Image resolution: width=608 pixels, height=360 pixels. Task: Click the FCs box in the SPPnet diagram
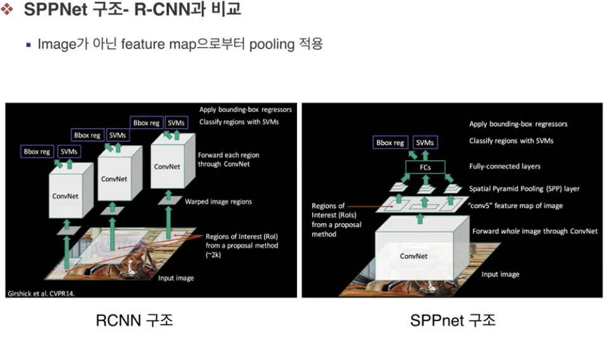click(x=425, y=167)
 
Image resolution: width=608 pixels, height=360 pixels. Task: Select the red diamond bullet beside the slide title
click(x=6, y=9)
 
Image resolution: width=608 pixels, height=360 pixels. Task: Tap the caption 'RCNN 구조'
click(x=134, y=321)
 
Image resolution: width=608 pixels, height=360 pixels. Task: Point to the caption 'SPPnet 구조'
click(x=453, y=321)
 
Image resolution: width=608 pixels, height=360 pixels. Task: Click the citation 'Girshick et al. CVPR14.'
click(x=41, y=294)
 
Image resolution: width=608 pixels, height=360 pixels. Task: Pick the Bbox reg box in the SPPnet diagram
click(x=390, y=142)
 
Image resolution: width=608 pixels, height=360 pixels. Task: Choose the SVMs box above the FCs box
click(x=425, y=142)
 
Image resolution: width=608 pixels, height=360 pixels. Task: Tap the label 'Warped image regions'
click(x=218, y=202)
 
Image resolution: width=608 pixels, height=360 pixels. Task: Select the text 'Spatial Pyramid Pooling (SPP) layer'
click(x=524, y=188)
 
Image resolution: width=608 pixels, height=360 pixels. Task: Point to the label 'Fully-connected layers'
click(x=504, y=167)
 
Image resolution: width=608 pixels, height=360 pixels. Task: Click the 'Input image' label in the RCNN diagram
click(x=176, y=278)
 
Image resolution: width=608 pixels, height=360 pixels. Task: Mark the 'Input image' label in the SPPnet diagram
click(x=501, y=274)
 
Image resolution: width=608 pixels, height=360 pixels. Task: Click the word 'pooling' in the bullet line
click(x=272, y=45)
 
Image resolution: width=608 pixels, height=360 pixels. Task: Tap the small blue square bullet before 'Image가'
click(x=29, y=45)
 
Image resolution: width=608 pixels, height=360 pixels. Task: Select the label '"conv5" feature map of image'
click(x=515, y=205)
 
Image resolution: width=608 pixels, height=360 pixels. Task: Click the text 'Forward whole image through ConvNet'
click(x=535, y=232)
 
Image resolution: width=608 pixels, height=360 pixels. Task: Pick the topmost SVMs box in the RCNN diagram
click(x=176, y=123)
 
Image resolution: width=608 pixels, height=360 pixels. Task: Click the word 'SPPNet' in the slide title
click(x=55, y=10)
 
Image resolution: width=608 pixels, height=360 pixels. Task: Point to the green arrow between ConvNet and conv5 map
click(x=420, y=219)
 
